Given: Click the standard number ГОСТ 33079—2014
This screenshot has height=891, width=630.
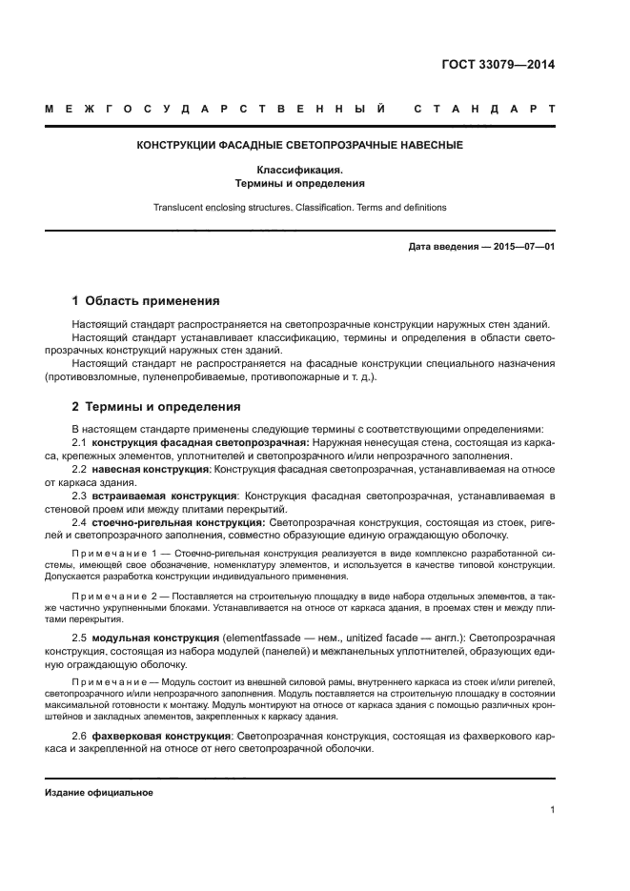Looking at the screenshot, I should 498,66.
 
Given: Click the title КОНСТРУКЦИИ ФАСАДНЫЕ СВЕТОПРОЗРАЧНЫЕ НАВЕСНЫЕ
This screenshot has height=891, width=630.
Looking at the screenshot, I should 299,146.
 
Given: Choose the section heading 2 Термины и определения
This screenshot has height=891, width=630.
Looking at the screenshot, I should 156,407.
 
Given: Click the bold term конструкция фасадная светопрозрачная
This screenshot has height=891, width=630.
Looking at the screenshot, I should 200,443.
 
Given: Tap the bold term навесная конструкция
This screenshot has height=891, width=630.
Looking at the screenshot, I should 151,470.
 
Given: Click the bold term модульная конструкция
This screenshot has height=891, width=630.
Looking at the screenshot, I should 155,636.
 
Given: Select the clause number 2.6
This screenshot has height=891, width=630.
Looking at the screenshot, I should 80,737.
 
